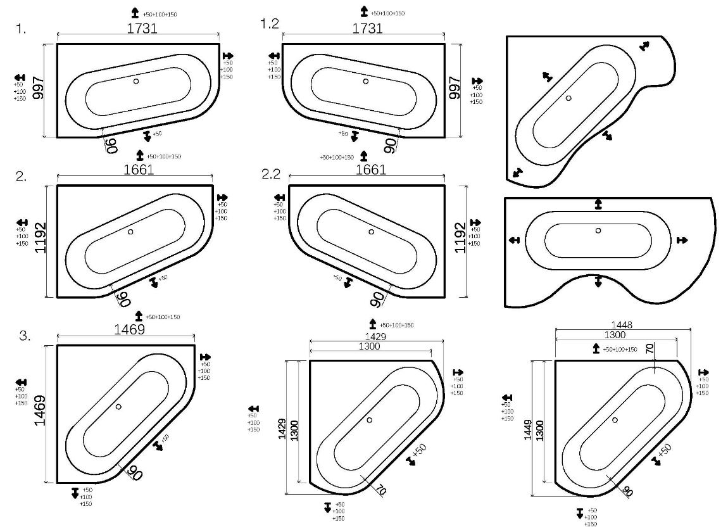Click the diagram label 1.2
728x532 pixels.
(269, 23)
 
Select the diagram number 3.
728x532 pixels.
(25, 336)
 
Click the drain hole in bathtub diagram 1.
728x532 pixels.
(136, 81)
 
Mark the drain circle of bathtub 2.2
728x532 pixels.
(371, 232)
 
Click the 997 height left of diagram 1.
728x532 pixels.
(38, 89)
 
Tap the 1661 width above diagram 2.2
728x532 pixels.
(371, 170)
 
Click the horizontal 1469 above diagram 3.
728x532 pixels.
(129, 329)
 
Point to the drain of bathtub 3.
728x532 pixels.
(118, 407)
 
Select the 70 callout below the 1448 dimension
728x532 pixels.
(650, 348)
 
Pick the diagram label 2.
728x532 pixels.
(22, 177)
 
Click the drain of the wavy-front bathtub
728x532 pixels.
(598, 231)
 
